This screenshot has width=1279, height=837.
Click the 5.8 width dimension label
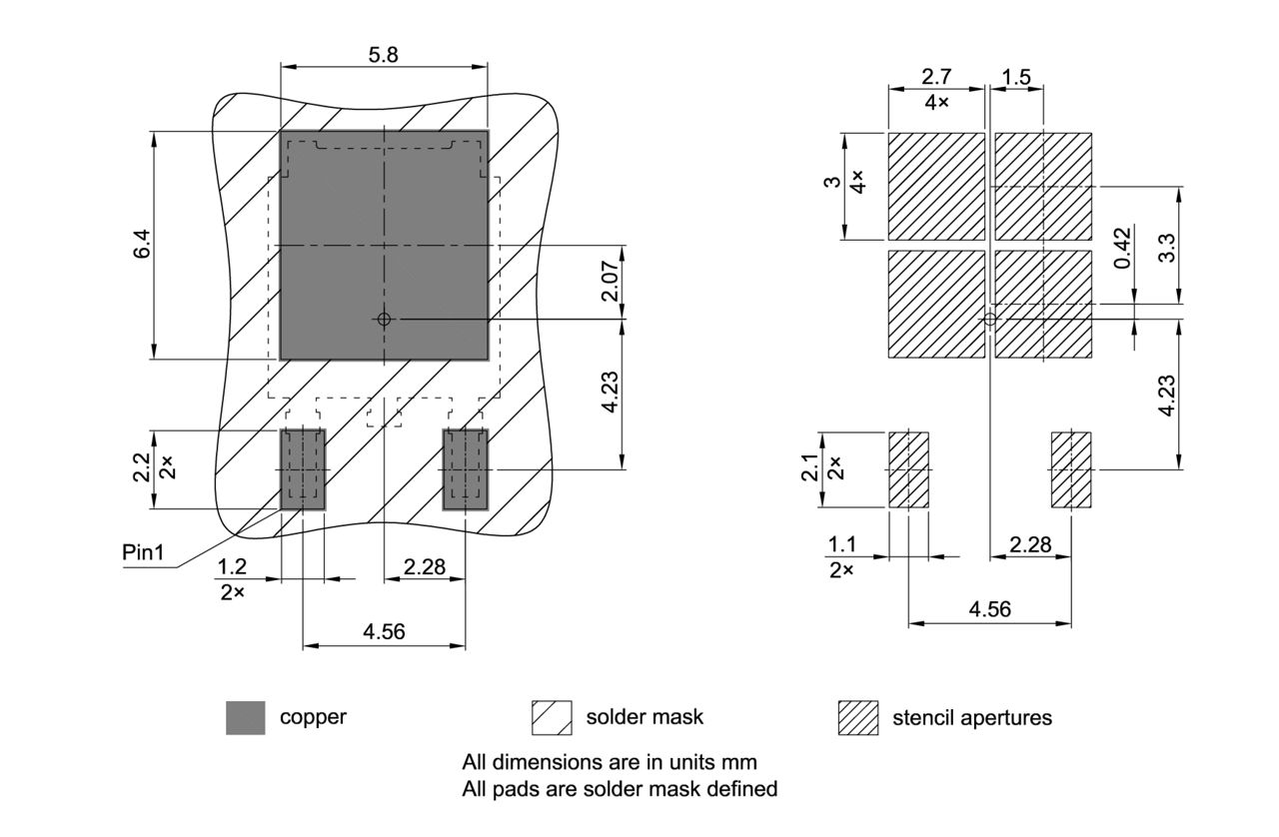pyautogui.click(x=383, y=56)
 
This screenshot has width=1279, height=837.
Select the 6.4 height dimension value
pyautogui.click(x=143, y=245)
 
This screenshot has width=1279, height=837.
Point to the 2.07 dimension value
pyautogui.click(x=611, y=282)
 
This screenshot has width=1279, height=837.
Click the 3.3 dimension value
pyautogui.click(x=1165, y=246)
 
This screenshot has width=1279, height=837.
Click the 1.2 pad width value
pyautogui.click(x=232, y=567)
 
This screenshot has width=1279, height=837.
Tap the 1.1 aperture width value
pyautogui.click(x=841, y=545)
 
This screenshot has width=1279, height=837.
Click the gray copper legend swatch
pyautogui.click(x=246, y=717)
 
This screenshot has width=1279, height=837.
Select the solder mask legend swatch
pyautogui.click(x=552, y=717)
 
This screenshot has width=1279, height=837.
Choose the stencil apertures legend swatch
pyautogui.click(x=857, y=717)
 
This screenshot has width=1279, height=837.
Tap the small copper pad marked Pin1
pyautogui.click(x=303, y=468)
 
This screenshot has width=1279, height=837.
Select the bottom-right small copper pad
pyautogui.click(x=465, y=468)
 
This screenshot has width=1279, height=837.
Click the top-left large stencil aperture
pyautogui.click(x=936, y=187)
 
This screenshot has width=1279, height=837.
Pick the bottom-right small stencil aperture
pyautogui.click(x=1071, y=469)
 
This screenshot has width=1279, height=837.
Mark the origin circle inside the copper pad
pyautogui.click(x=384, y=320)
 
